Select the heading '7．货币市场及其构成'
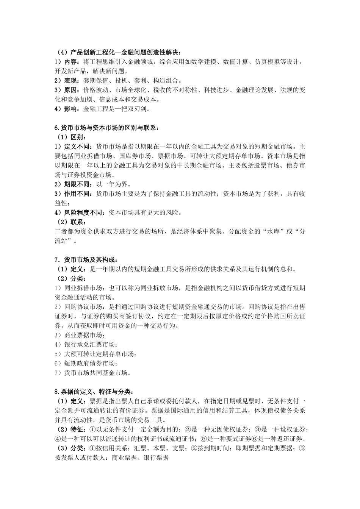(x=88, y=260)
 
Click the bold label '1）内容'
(x=66, y=62)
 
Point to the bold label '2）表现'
(x=66, y=81)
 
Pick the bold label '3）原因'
(x=66, y=91)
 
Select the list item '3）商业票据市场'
(x=78, y=335)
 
